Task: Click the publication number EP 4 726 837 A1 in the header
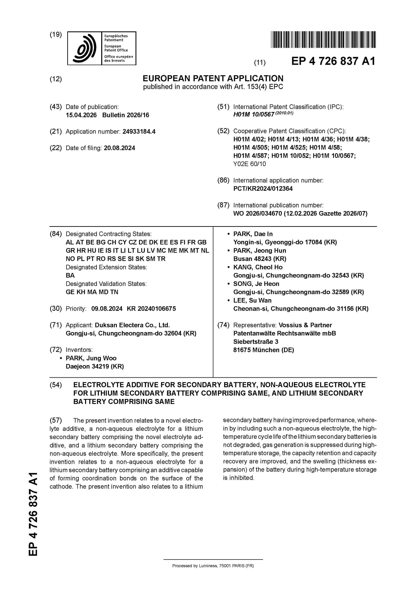point(333,61)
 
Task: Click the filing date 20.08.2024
point(120,148)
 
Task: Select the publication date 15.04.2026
point(81,115)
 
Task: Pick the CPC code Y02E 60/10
point(250,164)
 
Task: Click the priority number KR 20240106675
point(151,309)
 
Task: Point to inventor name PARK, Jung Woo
point(91,358)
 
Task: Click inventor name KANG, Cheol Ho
point(258,267)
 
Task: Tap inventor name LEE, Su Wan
point(252,300)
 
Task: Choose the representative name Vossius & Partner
point(305,325)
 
